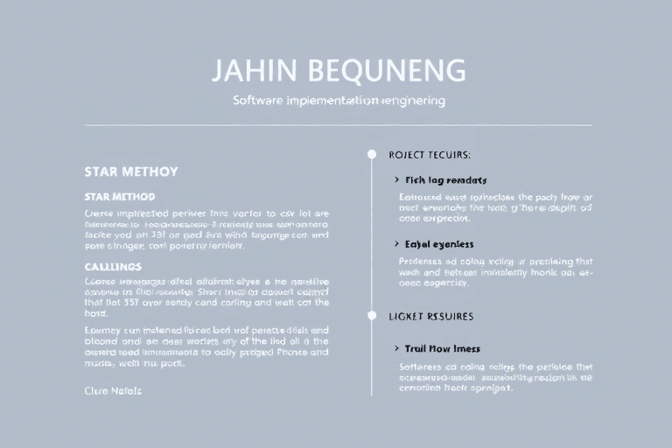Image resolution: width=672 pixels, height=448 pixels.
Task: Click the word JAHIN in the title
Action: pos(248,71)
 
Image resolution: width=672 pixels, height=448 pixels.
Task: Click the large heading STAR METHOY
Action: pos(131,171)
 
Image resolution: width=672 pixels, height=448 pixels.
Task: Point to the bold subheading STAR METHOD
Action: pos(120,197)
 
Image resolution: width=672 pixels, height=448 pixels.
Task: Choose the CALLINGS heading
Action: pos(113,265)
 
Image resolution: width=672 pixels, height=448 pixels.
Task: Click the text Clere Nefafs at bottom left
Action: pos(113,390)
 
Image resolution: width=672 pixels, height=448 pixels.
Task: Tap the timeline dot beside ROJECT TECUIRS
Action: pos(372,155)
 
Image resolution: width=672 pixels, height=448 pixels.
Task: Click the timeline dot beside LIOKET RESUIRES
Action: pos(372,315)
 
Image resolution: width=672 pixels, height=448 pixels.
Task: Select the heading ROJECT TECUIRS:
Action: pos(430,155)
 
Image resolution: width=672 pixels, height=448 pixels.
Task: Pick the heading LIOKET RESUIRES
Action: pos(431,315)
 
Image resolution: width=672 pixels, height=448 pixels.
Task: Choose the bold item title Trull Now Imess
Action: pos(443,348)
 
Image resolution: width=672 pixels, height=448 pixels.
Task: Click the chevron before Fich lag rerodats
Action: pos(397,179)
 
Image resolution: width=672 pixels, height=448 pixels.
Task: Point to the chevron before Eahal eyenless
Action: pos(397,244)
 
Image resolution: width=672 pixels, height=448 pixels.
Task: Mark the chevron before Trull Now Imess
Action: pos(397,348)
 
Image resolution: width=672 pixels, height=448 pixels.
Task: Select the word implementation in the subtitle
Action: pos(329,101)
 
